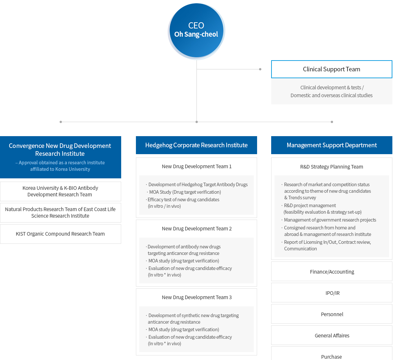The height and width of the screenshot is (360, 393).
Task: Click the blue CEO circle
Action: click(196, 30)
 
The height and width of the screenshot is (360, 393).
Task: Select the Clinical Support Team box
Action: click(331, 69)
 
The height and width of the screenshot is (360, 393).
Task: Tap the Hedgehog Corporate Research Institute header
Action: click(196, 145)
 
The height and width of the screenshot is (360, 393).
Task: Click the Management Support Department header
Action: click(331, 145)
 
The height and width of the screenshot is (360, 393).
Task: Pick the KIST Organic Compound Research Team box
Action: click(61, 234)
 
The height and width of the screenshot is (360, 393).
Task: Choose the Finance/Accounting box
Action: click(331, 271)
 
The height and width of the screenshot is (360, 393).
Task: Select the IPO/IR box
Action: click(331, 293)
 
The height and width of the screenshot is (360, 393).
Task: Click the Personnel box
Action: click(331, 314)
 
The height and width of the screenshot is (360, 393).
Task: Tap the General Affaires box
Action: click(331, 335)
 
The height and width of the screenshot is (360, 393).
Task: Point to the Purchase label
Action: click(331, 357)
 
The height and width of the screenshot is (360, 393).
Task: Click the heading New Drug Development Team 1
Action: click(196, 167)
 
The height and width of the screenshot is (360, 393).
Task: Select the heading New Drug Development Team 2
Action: click(196, 228)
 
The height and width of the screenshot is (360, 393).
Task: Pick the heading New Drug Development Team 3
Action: click(196, 297)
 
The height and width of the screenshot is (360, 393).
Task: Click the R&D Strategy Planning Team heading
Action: click(331, 167)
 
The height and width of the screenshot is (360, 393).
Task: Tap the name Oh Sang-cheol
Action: click(196, 34)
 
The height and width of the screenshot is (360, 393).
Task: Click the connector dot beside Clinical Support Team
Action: click(260, 69)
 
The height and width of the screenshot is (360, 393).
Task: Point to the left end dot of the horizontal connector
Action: click(61, 122)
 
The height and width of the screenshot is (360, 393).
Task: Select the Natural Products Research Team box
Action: click(61, 212)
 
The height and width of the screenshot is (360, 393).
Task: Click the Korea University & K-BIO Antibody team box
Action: click(61, 191)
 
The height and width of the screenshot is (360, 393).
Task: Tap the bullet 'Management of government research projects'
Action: click(329, 220)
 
